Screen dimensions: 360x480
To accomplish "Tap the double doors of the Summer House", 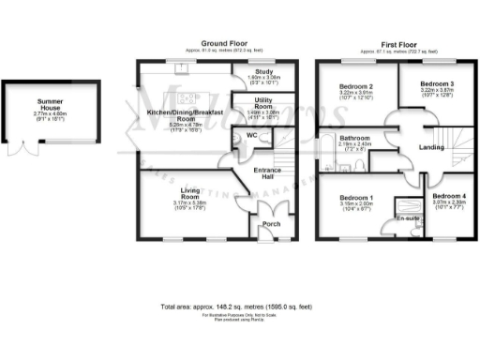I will tap(36, 148).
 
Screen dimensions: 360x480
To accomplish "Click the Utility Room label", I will tap(262, 101).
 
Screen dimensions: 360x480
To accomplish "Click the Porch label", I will tap(272, 224).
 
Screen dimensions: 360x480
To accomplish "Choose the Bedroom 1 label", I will tap(354, 198).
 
